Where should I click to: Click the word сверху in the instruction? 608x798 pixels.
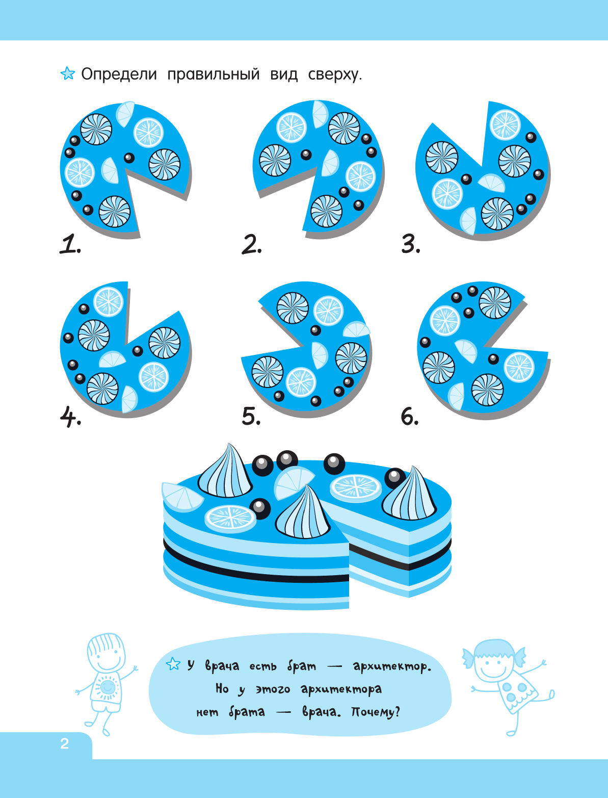pos(335,74)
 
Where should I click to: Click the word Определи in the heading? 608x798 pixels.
pos(119,74)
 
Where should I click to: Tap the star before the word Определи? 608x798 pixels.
pos(68,73)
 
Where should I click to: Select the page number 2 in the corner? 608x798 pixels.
pos(65,743)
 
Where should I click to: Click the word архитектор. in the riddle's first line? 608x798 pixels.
pos(392,666)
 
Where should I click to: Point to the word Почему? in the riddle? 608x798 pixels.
pos(375,711)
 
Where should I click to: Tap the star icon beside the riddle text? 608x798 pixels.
pos(173,664)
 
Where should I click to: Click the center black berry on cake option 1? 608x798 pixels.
pos(129,158)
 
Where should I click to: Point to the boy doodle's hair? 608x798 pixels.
pos(105,646)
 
